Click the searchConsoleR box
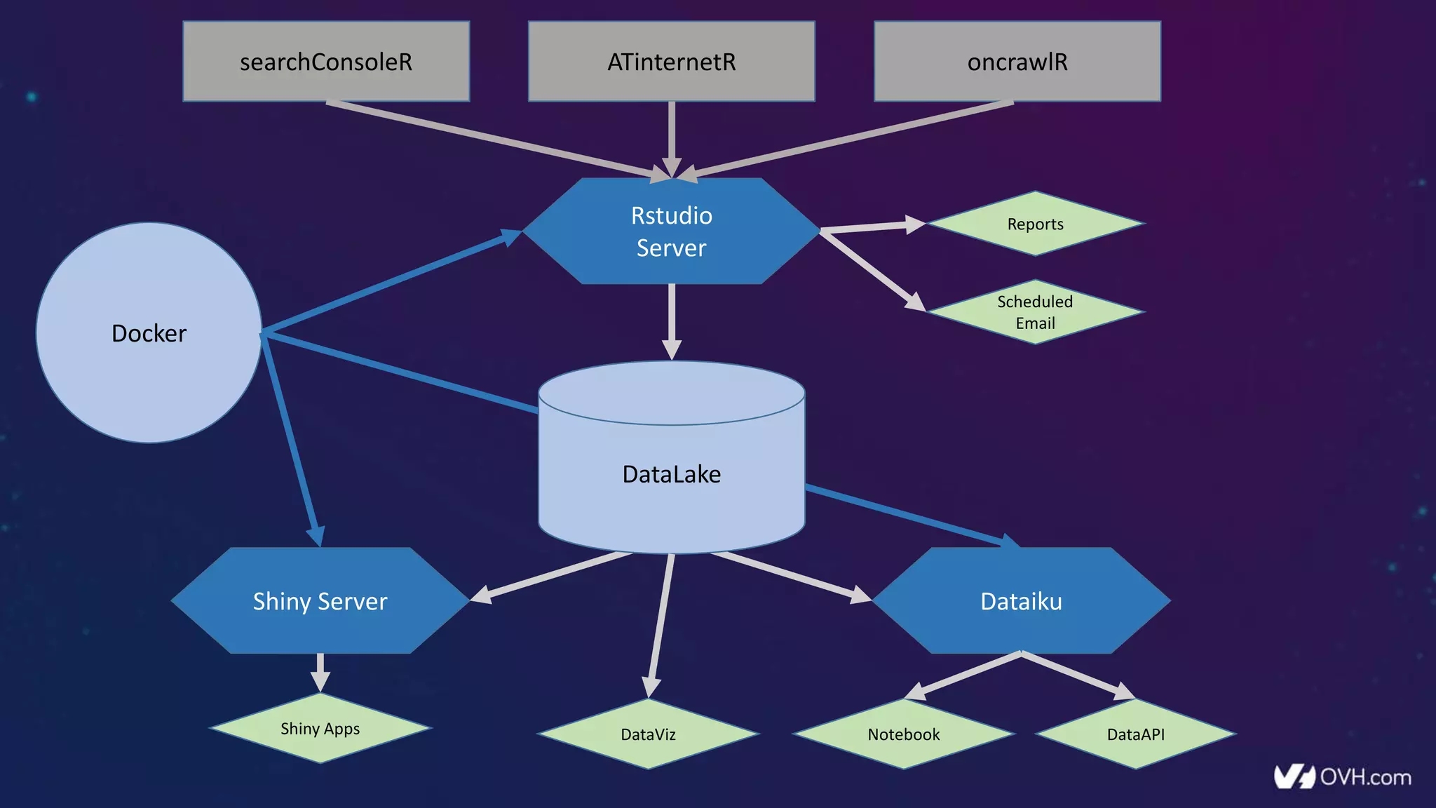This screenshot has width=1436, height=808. coord(326,62)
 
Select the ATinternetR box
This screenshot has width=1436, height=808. coord(671,62)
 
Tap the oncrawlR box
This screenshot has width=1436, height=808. coord(1017,62)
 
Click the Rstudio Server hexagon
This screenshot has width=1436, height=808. coord(671,231)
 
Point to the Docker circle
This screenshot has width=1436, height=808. coord(149,332)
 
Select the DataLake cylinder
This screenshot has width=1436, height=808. coord(671,474)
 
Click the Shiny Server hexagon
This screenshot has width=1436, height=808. coord(320,601)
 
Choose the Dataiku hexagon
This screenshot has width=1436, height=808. coord(1021,601)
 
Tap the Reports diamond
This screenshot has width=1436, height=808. coord(1035,224)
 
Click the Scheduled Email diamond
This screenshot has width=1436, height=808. coord(1035,312)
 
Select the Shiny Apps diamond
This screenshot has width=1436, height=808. coord(320,728)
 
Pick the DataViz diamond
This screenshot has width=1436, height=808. coord(648,734)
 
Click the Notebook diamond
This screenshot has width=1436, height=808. coord(903,734)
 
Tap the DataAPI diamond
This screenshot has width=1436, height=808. coord(1135,734)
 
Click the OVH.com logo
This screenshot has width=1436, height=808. coord(1342,776)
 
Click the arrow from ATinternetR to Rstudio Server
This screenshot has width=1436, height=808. coord(671,137)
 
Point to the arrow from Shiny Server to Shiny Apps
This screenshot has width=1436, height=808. coord(320,670)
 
